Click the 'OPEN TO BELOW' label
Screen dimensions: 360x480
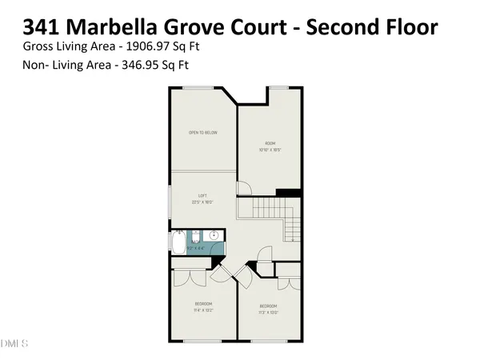coord(202,132)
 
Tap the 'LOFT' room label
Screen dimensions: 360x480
coord(202,196)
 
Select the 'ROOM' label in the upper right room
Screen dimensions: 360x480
coord(270,143)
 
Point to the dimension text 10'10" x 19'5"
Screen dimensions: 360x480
coord(270,150)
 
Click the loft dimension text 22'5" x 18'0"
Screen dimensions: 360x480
coord(202,202)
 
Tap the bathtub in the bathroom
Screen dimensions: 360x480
coord(178,242)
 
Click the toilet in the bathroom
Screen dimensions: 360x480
coord(195,238)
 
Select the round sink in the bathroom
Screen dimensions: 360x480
coord(214,236)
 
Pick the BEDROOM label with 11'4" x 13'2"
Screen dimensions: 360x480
coord(202,304)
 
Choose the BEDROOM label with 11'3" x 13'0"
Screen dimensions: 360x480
coord(268,306)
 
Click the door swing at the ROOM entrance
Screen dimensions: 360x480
coord(245,189)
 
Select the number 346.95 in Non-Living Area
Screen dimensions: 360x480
coord(138,66)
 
